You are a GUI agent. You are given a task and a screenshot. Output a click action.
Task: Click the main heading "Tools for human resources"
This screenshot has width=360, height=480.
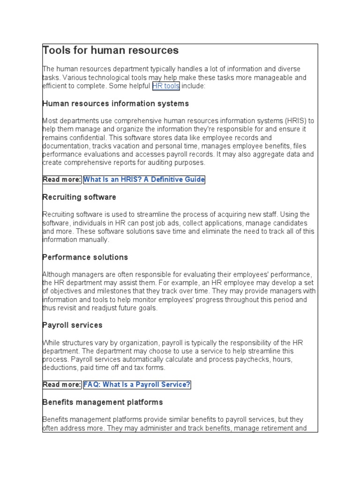click(111, 50)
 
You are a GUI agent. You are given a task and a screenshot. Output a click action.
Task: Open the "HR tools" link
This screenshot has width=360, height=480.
click(165, 86)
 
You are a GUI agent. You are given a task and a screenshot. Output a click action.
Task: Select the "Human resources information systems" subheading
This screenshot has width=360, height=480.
click(116, 104)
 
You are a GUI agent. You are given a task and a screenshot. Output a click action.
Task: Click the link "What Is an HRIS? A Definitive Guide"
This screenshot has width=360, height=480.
click(144, 180)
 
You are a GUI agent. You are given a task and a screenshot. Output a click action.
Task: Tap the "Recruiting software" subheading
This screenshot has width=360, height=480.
click(79, 197)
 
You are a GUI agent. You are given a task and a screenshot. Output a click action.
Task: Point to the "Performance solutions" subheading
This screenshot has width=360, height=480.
click(85, 257)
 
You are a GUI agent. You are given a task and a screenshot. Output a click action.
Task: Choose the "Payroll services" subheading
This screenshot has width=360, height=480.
click(72, 325)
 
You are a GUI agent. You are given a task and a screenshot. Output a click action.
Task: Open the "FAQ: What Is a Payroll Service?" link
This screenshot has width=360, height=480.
click(137, 385)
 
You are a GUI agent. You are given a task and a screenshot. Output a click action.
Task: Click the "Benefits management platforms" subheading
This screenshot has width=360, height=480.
click(103, 402)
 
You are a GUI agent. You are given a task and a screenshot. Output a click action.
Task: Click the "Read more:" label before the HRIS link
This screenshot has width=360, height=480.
click(62, 180)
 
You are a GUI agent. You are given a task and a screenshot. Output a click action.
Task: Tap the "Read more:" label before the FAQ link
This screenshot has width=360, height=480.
click(62, 385)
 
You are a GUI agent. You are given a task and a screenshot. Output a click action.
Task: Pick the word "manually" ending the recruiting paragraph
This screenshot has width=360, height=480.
click(94, 240)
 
